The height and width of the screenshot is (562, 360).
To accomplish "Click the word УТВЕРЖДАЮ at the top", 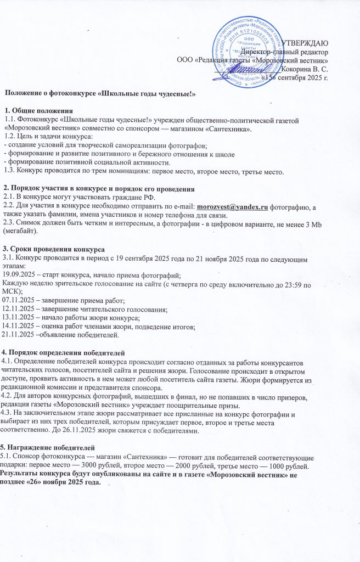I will [x=305, y=43].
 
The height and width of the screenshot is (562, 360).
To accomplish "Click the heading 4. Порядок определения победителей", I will [x=64, y=350].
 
